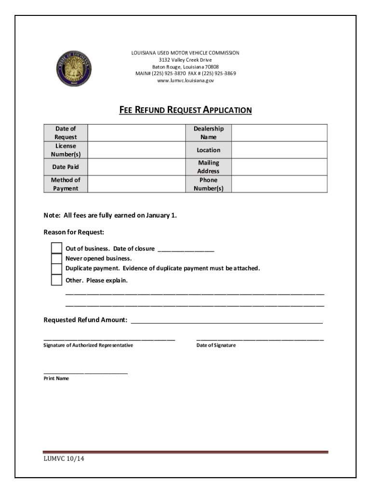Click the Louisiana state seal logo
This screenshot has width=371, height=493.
73,67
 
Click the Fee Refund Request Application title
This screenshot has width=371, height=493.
185,110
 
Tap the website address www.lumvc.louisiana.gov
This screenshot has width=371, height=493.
185,80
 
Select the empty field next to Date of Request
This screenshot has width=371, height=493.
136,133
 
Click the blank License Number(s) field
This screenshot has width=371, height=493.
136,150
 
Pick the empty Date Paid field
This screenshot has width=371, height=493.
136,167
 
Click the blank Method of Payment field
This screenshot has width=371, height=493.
136,184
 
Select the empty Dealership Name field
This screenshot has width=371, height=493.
279,133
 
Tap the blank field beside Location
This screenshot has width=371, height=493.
279,150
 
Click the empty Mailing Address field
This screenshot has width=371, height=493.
279,167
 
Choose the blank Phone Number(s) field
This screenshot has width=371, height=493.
279,184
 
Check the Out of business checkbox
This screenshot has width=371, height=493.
57,248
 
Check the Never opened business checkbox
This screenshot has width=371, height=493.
57,259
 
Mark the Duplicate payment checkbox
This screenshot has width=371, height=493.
57,269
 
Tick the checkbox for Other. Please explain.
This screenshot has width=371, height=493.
57,280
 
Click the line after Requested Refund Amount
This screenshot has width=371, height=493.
226,321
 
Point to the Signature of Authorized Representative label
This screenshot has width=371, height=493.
88,346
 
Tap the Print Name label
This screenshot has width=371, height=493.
56,378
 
